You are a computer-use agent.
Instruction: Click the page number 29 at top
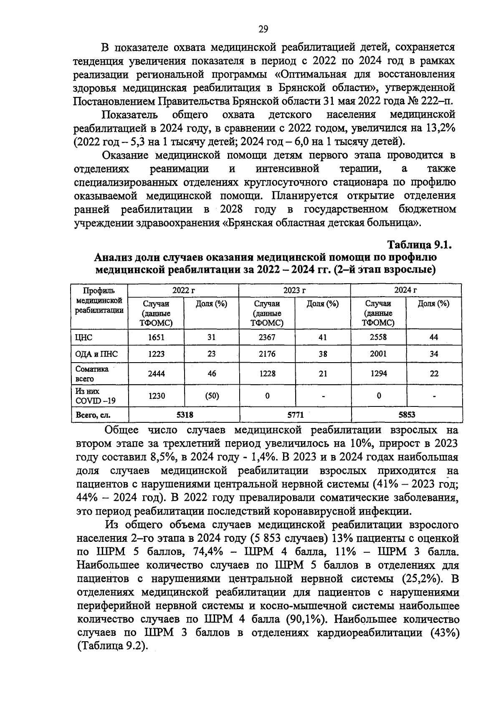coord(263,29)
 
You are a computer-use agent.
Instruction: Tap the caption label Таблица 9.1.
coord(420,245)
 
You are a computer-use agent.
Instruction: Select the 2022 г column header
coord(183,290)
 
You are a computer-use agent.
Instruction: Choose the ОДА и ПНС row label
coord(96,354)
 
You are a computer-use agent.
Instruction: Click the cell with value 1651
coord(157,338)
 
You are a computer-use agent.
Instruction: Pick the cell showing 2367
coord(267,338)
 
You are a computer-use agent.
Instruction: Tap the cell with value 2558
coord(378,338)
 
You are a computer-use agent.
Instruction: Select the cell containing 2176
coord(267,354)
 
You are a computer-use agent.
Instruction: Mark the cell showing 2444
coord(157,373)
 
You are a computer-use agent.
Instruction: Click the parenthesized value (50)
coord(212,395)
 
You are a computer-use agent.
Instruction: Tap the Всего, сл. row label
coord(94,415)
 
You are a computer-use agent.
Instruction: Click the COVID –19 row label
coord(95,401)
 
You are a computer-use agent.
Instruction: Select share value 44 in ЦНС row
coord(434,338)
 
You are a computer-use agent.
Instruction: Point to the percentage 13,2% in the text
coord(441,128)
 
